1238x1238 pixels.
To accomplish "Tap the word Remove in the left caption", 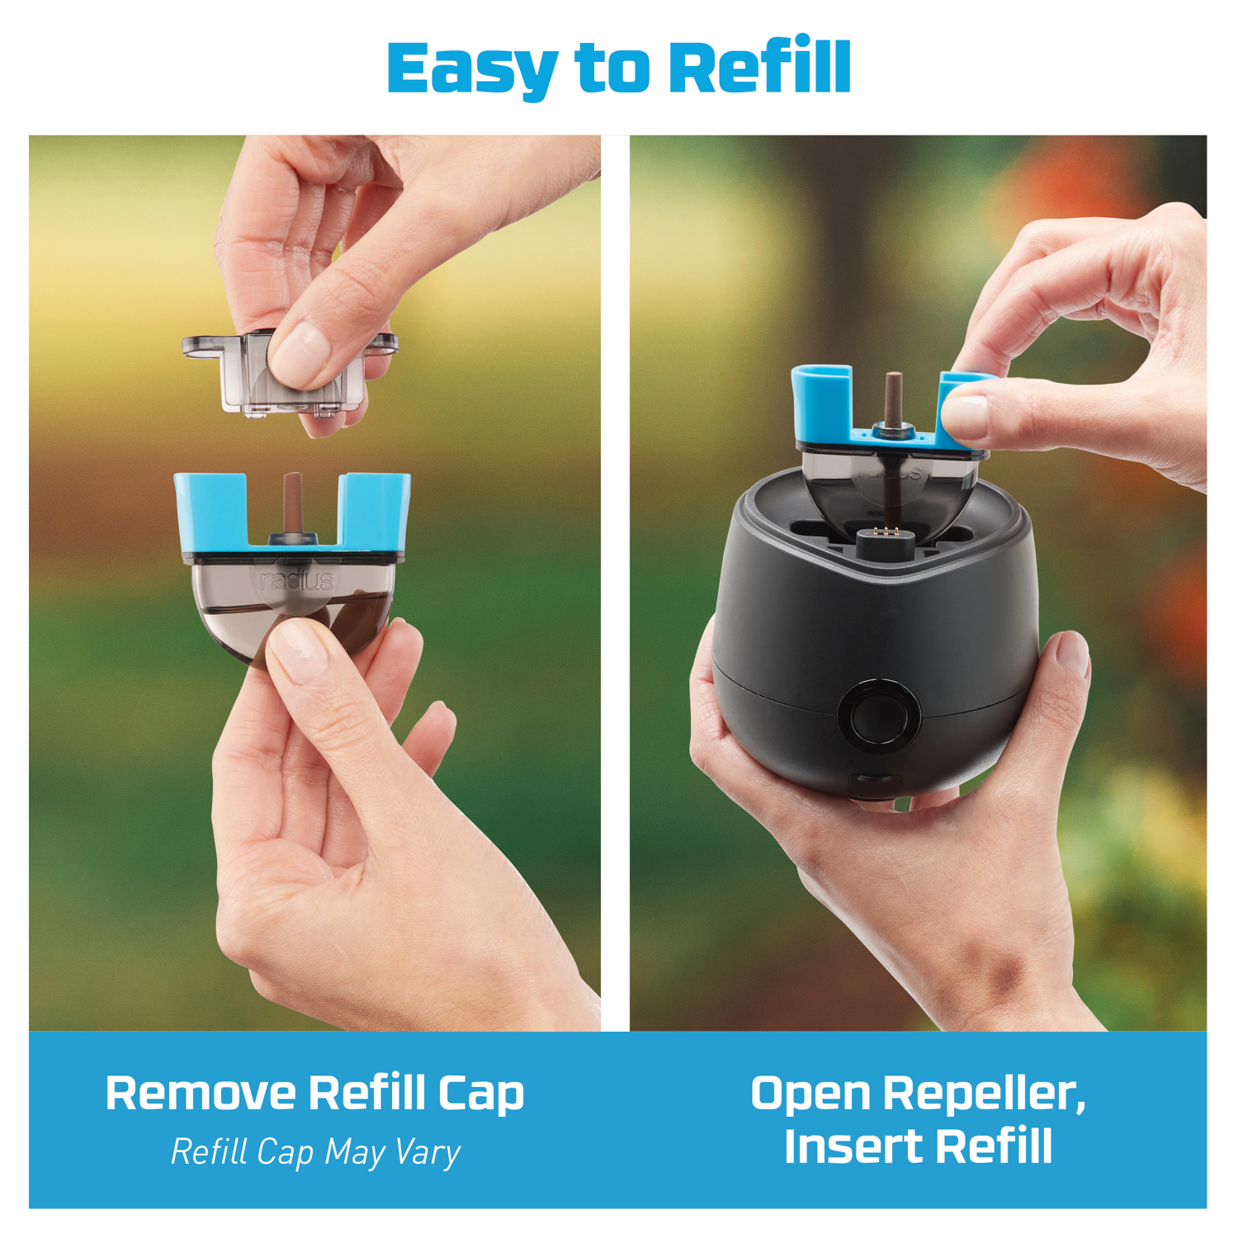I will [x=201, y=1094].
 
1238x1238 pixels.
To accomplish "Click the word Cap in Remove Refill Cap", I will [x=481, y=1094].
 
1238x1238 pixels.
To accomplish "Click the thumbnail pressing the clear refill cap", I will [x=299, y=347].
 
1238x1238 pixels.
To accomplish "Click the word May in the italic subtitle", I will [x=353, y=1152].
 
